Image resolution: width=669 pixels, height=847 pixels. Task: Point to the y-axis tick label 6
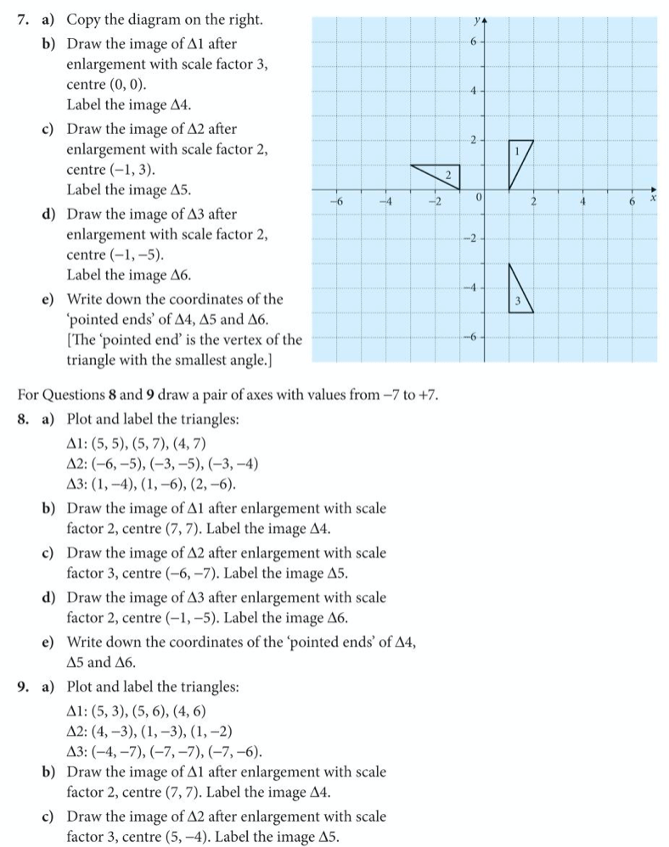point(476,42)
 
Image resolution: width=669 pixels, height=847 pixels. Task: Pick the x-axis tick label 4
point(582,202)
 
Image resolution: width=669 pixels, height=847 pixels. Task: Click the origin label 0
point(478,197)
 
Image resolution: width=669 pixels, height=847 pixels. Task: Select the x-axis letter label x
point(654,196)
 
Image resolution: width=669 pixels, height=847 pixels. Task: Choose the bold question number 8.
point(23,420)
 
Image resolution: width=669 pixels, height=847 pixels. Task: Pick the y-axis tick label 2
point(476,139)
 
